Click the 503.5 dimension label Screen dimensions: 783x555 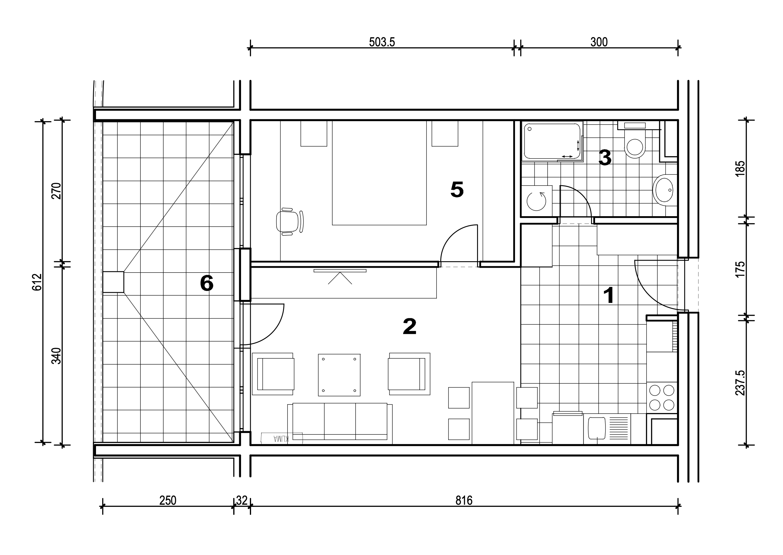[x=382, y=42]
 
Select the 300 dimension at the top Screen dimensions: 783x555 [x=599, y=42]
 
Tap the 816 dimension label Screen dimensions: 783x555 [x=464, y=501]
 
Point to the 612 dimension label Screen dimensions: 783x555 [x=37, y=282]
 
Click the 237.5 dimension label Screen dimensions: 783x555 [x=740, y=383]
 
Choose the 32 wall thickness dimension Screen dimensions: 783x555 [x=242, y=501]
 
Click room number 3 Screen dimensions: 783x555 [x=605, y=158]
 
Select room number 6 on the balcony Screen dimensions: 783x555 [x=207, y=283]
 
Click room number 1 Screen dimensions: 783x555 [x=609, y=296]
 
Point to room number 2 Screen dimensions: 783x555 [x=410, y=326]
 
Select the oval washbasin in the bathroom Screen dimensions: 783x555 [x=664, y=190]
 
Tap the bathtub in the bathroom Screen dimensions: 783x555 [x=552, y=141]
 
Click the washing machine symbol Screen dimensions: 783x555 [x=536, y=201]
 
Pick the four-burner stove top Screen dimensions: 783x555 [x=662, y=397]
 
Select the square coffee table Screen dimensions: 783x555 [x=339, y=375]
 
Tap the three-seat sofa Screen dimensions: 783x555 [x=340, y=424]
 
